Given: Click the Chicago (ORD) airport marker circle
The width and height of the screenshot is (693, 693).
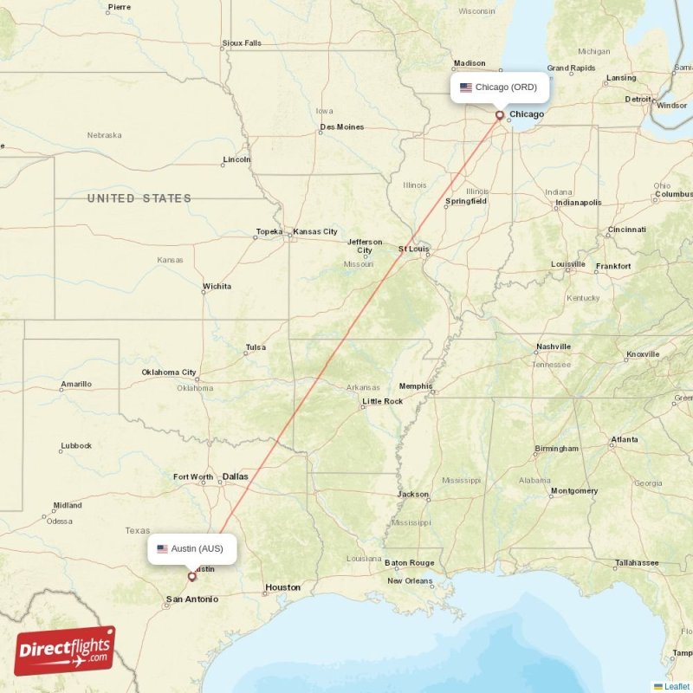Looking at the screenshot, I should pos(500,114).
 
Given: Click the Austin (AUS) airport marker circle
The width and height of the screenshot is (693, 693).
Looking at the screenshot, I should pos(191,576).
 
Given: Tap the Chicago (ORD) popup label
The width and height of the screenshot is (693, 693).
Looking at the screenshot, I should pos(498,87).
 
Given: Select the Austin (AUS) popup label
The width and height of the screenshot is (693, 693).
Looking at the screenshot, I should pos(191,548).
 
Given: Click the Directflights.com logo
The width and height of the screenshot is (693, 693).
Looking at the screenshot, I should pos(64,651).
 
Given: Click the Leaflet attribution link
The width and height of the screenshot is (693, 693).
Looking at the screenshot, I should pos(676,686).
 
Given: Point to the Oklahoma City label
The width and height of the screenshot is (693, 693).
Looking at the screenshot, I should pos(169,372).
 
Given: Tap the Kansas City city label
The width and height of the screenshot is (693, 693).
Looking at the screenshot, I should pos(315,232).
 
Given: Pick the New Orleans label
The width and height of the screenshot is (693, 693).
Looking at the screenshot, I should pos(411,580).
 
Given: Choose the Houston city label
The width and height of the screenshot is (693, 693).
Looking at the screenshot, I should pos(282,587).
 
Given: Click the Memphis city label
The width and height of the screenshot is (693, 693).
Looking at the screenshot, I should pos(416,385).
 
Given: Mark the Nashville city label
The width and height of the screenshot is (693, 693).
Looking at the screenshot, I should pos(553,346).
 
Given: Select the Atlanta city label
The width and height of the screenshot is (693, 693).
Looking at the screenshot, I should pos(624,440).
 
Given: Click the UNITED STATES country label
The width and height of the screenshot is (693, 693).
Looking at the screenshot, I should pos(139,198).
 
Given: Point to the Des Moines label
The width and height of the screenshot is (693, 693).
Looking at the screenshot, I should pos(342,127).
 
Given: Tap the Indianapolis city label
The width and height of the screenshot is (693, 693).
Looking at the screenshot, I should pos(578,203).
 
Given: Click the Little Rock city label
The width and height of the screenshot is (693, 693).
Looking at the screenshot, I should pos(382,401).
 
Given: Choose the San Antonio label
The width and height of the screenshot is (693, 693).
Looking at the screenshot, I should pos(192,599).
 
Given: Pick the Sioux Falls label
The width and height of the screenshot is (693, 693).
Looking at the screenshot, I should pos(242,42).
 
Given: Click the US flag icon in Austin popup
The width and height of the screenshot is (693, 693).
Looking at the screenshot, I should pos(162,548).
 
